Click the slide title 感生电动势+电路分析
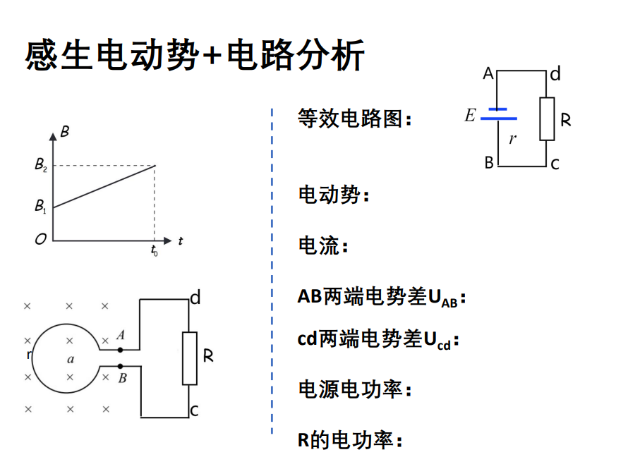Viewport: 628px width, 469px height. click(x=195, y=55)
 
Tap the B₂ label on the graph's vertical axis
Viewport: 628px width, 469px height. click(x=41, y=166)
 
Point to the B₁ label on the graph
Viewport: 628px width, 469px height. click(x=41, y=207)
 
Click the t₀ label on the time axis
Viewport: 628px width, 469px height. click(x=154, y=250)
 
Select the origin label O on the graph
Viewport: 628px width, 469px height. click(x=40, y=240)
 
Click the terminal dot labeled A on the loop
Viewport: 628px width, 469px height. click(x=121, y=349)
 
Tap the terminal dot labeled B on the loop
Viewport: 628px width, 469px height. click(x=121, y=366)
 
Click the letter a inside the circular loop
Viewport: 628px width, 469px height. click(x=70, y=359)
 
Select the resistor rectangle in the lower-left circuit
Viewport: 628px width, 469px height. click(x=190, y=358)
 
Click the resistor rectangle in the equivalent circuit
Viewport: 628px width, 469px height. click(x=548, y=118)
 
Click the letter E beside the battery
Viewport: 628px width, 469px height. click(x=470, y=115)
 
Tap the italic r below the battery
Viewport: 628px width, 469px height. click(x=512, y=139)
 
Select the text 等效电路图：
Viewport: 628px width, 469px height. click(x=355, y=118)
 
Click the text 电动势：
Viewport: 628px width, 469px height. click(x=334, y=195)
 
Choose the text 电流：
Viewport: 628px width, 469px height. click(x=324, y=246)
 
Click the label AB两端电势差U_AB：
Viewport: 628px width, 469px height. click(x=382, y=298)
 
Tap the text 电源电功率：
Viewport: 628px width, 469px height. click(x=355, y=389)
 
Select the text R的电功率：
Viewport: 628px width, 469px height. click(x=350, y=441)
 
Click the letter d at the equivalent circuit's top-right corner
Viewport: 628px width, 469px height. click(x=555, y=74)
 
